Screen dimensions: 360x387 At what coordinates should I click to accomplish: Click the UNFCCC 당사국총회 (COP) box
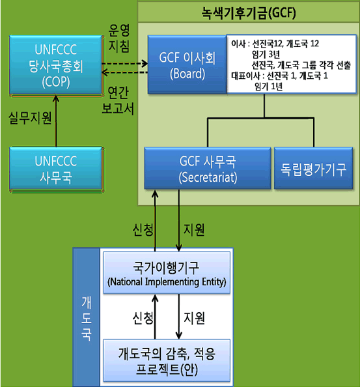(x=56, y=65)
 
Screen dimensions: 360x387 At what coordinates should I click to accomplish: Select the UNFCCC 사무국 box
(x=56, y=169)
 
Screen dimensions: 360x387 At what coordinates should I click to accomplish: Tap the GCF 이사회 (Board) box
(x=187, y=64)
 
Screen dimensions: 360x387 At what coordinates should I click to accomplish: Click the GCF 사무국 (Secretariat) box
(x=208, y=169)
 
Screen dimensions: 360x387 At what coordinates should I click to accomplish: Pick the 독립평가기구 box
(x=314, y=169)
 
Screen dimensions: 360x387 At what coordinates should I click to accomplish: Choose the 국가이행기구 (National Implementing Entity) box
(x=167, y=273)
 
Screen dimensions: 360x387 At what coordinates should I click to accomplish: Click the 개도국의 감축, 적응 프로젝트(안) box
(x=167, y=360)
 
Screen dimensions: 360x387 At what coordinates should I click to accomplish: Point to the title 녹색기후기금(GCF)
(x=249, y=12)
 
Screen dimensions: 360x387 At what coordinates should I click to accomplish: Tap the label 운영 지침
(x=119, y=38)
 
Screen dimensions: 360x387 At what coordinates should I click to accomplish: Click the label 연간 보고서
(x=118, y=101)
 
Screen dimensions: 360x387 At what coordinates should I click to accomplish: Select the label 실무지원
(x=30, y=118)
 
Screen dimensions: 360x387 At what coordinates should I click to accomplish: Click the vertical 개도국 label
(x=87, y=319)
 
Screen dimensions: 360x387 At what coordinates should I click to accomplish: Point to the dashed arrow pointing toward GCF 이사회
(x=125, y=64)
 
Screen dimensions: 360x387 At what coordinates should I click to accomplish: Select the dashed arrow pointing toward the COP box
(x=125, y=72)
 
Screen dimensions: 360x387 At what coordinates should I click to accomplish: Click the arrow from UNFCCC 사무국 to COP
(x=56, y=121)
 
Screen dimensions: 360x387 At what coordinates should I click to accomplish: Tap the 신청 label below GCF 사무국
(x=143, y=230)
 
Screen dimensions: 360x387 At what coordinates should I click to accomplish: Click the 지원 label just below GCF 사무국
(x=194, y=230)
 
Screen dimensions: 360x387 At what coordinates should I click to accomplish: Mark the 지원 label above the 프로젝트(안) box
(x=194, y=318)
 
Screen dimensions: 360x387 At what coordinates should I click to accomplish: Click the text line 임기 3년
(x=266, y=55)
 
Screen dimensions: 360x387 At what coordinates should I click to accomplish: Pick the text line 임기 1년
(x=269, y=87)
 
